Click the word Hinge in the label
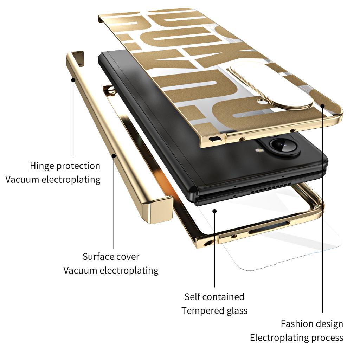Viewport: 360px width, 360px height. coord(42,166)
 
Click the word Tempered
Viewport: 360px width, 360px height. coord(198,311)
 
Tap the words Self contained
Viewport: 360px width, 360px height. coord(214,296)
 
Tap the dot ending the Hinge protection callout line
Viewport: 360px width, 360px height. coord(73,79)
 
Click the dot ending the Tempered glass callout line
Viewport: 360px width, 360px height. coord(214,211)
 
